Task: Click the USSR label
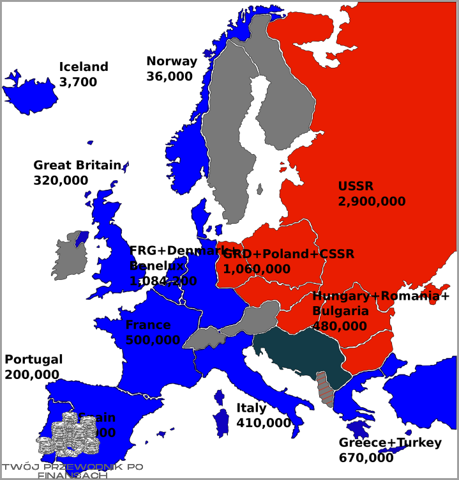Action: pos(356,187)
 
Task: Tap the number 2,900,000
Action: pos(372,202)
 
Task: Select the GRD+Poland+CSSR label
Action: pos(289,254)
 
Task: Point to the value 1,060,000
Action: pos(257,269)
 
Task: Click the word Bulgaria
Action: pos(340,311)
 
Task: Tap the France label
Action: pos(147,325)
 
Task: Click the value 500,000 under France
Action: pos(153,341)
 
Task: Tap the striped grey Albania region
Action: pos(326,388)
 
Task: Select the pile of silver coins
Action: pos(68,435)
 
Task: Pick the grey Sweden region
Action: pos(223,128)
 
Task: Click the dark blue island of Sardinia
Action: pos(222,422)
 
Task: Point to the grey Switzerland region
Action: pos(203,337)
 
